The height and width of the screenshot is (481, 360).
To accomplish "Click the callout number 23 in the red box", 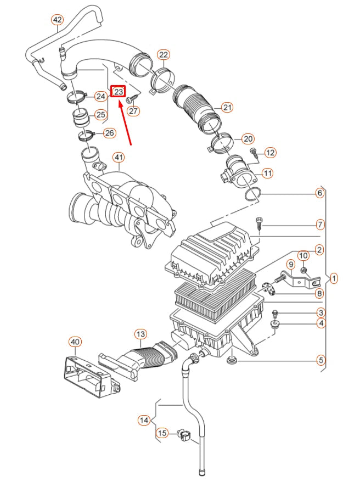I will click(x=118, y=92).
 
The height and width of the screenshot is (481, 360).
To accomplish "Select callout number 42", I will click(x=58, y=20).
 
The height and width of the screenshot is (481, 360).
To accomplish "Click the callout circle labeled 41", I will click(x=119, y=158).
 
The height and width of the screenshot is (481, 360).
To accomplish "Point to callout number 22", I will click(x=164, y=54).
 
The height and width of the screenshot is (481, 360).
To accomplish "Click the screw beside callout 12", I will click(x=253, y=153).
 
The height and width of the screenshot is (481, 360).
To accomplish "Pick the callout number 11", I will click(x=267, y=174).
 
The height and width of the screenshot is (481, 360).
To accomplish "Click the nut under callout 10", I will click(x=303, y=271).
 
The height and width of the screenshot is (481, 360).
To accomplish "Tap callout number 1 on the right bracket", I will click(x=334, y=279).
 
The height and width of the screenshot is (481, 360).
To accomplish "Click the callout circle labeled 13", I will click(x=140, y=334).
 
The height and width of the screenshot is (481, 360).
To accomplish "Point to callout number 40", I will click(x=75, y=342).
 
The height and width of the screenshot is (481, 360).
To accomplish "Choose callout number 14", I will click(x=144, y=421).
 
